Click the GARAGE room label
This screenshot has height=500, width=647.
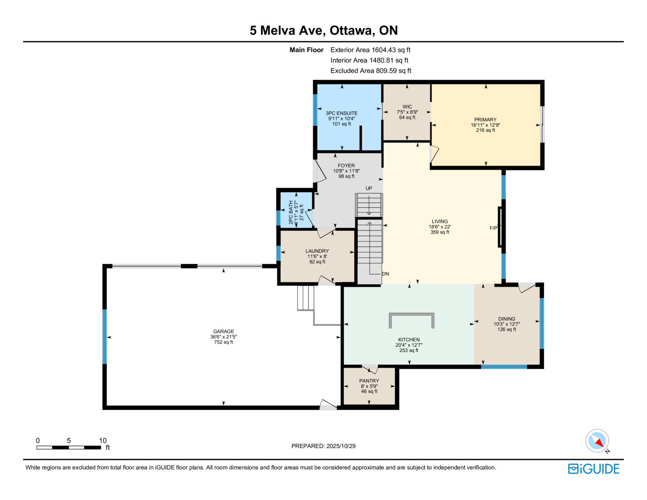coord(223,331)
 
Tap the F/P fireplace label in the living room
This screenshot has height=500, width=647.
coord(493,228)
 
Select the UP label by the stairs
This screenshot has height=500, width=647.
coord(369,188)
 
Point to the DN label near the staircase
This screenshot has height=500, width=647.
coord(386,274)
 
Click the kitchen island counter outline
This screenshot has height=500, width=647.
coord(412,314)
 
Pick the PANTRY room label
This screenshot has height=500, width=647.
coord(369,381)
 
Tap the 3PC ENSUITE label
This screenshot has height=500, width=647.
coord(342,113)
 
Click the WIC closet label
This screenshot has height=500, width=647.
coord(407,107)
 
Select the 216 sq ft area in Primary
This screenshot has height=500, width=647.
coord(485,130)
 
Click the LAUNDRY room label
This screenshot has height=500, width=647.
coord(317,251)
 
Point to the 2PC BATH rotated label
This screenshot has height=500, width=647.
coord(291,212)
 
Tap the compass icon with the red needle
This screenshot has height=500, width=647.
coord(597,441)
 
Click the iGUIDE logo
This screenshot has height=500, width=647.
coord(593,469)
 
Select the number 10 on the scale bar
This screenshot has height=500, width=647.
coord(103,441)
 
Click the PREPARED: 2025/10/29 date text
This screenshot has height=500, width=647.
coord(323,446)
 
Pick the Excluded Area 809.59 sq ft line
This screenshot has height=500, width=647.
coord(371,70)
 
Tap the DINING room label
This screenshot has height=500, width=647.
coord(506,319)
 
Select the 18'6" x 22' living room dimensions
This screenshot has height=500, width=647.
coord(440,227)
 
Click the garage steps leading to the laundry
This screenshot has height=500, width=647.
coord(305,298)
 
